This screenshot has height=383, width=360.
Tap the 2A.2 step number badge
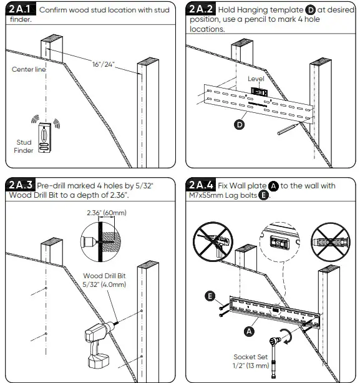coord(200,11)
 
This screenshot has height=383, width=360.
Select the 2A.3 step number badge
coord(20,185)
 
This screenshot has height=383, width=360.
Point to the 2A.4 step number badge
coord(200,185)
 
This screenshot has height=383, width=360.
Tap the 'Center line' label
coord(29,69)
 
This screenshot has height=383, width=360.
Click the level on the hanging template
coord(258,91)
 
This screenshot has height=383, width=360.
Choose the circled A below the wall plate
coord(248,331)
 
